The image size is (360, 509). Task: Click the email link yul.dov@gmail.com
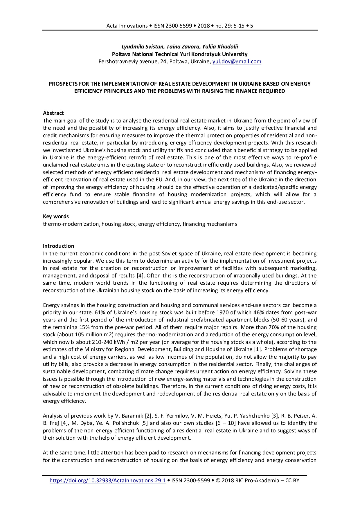click(x=237, y=62)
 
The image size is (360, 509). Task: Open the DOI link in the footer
click(x=107, y=481)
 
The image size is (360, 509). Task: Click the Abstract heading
click(x=53, y=113)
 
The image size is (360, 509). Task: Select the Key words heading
click(x=56, y=216)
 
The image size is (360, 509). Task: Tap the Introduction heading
click(x=58, y=246)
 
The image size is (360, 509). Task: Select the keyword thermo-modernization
click(x=71, y=224)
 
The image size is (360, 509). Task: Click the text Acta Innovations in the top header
click(x=127, y=26)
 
